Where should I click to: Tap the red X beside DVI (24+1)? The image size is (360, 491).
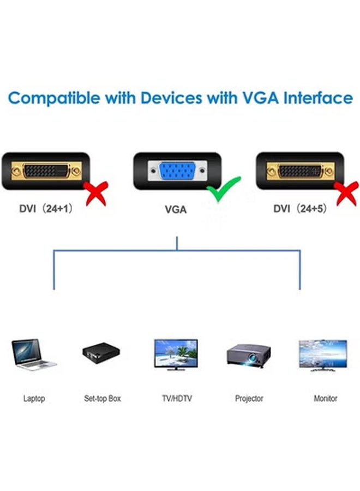click(x=97, y=193)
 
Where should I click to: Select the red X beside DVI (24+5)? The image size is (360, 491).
click(x=347, y=193)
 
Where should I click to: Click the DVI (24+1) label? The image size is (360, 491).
click(x=46, y=208)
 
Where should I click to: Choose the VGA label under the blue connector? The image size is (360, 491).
click(x=176, y=208)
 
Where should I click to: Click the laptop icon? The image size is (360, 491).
click(x=33, y=354)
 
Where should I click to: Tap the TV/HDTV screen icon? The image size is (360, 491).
click(x=176, y=354)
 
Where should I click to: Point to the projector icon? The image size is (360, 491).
click(x=249, y=355)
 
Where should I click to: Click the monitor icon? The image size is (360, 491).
click(x=322, y=354)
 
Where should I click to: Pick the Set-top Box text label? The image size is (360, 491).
click(x=102, y=399)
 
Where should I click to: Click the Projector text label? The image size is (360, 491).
click(x=249, y=399)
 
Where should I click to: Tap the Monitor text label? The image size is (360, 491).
click(x=325, y=399)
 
